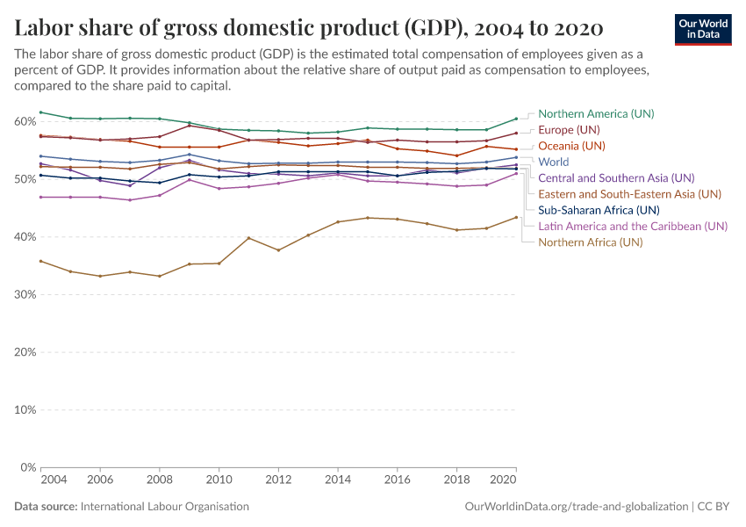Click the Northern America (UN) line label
click(x=596, y=113)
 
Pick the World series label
click(x=554, y=162)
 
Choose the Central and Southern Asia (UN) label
click(x=616, y=177)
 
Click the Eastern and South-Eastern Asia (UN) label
click(x=629, y=194)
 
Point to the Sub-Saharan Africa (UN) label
click(x=599, y=210)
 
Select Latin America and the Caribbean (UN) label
click(x=633, y=226)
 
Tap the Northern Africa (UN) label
click(x=591, y=242)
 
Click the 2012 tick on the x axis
click(x=278, y=481)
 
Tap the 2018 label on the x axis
click(x=456, y=481)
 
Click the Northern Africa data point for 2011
click(x=248, y=238)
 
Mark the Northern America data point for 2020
click(x=516, y=119)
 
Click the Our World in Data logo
click(x=703, y=29)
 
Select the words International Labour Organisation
click(x=164, y=507)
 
